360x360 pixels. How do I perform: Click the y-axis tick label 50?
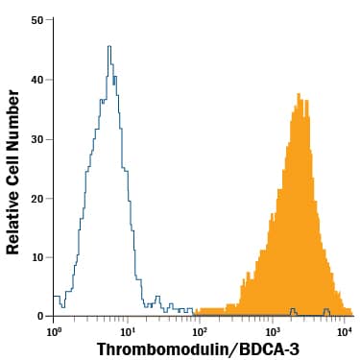[x=37, y=20]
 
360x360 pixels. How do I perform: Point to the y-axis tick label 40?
[x=37, y=80]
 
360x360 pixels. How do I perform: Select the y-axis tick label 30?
[x=37, y=138]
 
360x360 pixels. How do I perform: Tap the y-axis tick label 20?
[x=37, y=198]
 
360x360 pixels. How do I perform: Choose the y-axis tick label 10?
[x=37, y=256]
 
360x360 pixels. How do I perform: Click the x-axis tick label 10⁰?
[x=55, y=331]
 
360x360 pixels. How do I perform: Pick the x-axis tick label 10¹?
[x=128, y=331]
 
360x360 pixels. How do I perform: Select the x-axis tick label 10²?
[x=201, y=331]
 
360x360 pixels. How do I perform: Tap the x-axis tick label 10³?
[x=273, y=331]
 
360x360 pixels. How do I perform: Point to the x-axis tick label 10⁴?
[x=346, y=331]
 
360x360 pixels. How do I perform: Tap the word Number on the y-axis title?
[x=13, y=111]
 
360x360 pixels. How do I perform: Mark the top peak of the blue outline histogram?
[x=109, y=46]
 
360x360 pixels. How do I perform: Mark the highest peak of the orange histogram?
[x=299, y=94]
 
